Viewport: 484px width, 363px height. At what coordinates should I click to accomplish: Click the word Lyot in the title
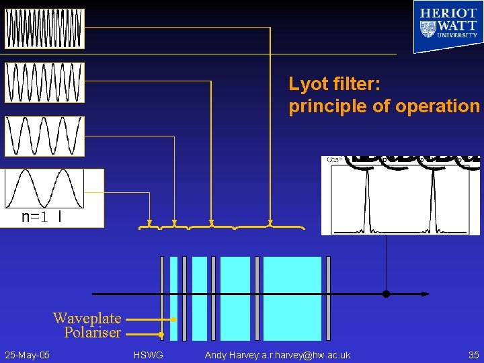click(x=309, y=84)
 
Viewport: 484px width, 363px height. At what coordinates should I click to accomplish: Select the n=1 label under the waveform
click(x=34, y=216)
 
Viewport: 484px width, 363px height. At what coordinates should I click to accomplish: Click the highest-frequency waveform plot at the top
click(x=44, y=29)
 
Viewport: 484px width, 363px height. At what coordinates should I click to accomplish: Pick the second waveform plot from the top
click(x=44, y=83)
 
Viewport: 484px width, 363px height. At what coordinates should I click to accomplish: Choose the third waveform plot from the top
click(x=44, y=136)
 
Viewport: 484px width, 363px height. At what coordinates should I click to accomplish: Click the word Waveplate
click(x=87, y=318)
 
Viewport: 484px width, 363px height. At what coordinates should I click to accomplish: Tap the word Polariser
click(x=92, y=332)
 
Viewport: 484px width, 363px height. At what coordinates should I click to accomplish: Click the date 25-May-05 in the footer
click(x=27, y=354)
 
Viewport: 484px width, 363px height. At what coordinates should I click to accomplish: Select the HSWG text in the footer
click(x=148, y=354)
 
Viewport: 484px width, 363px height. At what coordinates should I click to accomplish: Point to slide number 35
click(x=473, y=354)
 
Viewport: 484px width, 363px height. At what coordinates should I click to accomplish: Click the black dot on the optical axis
click(x=386, y=294)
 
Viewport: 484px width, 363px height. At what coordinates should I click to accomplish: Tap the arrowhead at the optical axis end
click(x=426, y=294)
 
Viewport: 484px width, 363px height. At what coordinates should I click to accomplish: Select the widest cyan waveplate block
click(x=292, y=298)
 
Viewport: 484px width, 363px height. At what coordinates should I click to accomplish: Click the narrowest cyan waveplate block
click(x=174, y=298)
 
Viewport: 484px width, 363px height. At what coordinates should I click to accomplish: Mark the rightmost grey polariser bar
click(x=328, y=298)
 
